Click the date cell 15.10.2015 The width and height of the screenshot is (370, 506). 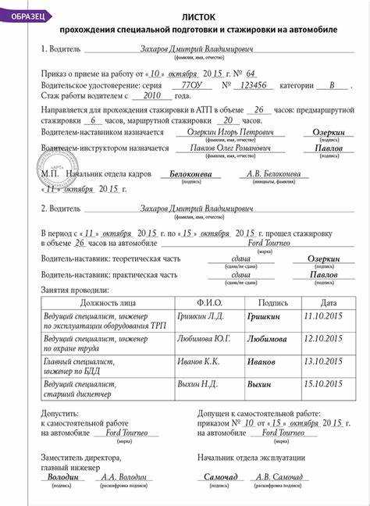322,384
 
